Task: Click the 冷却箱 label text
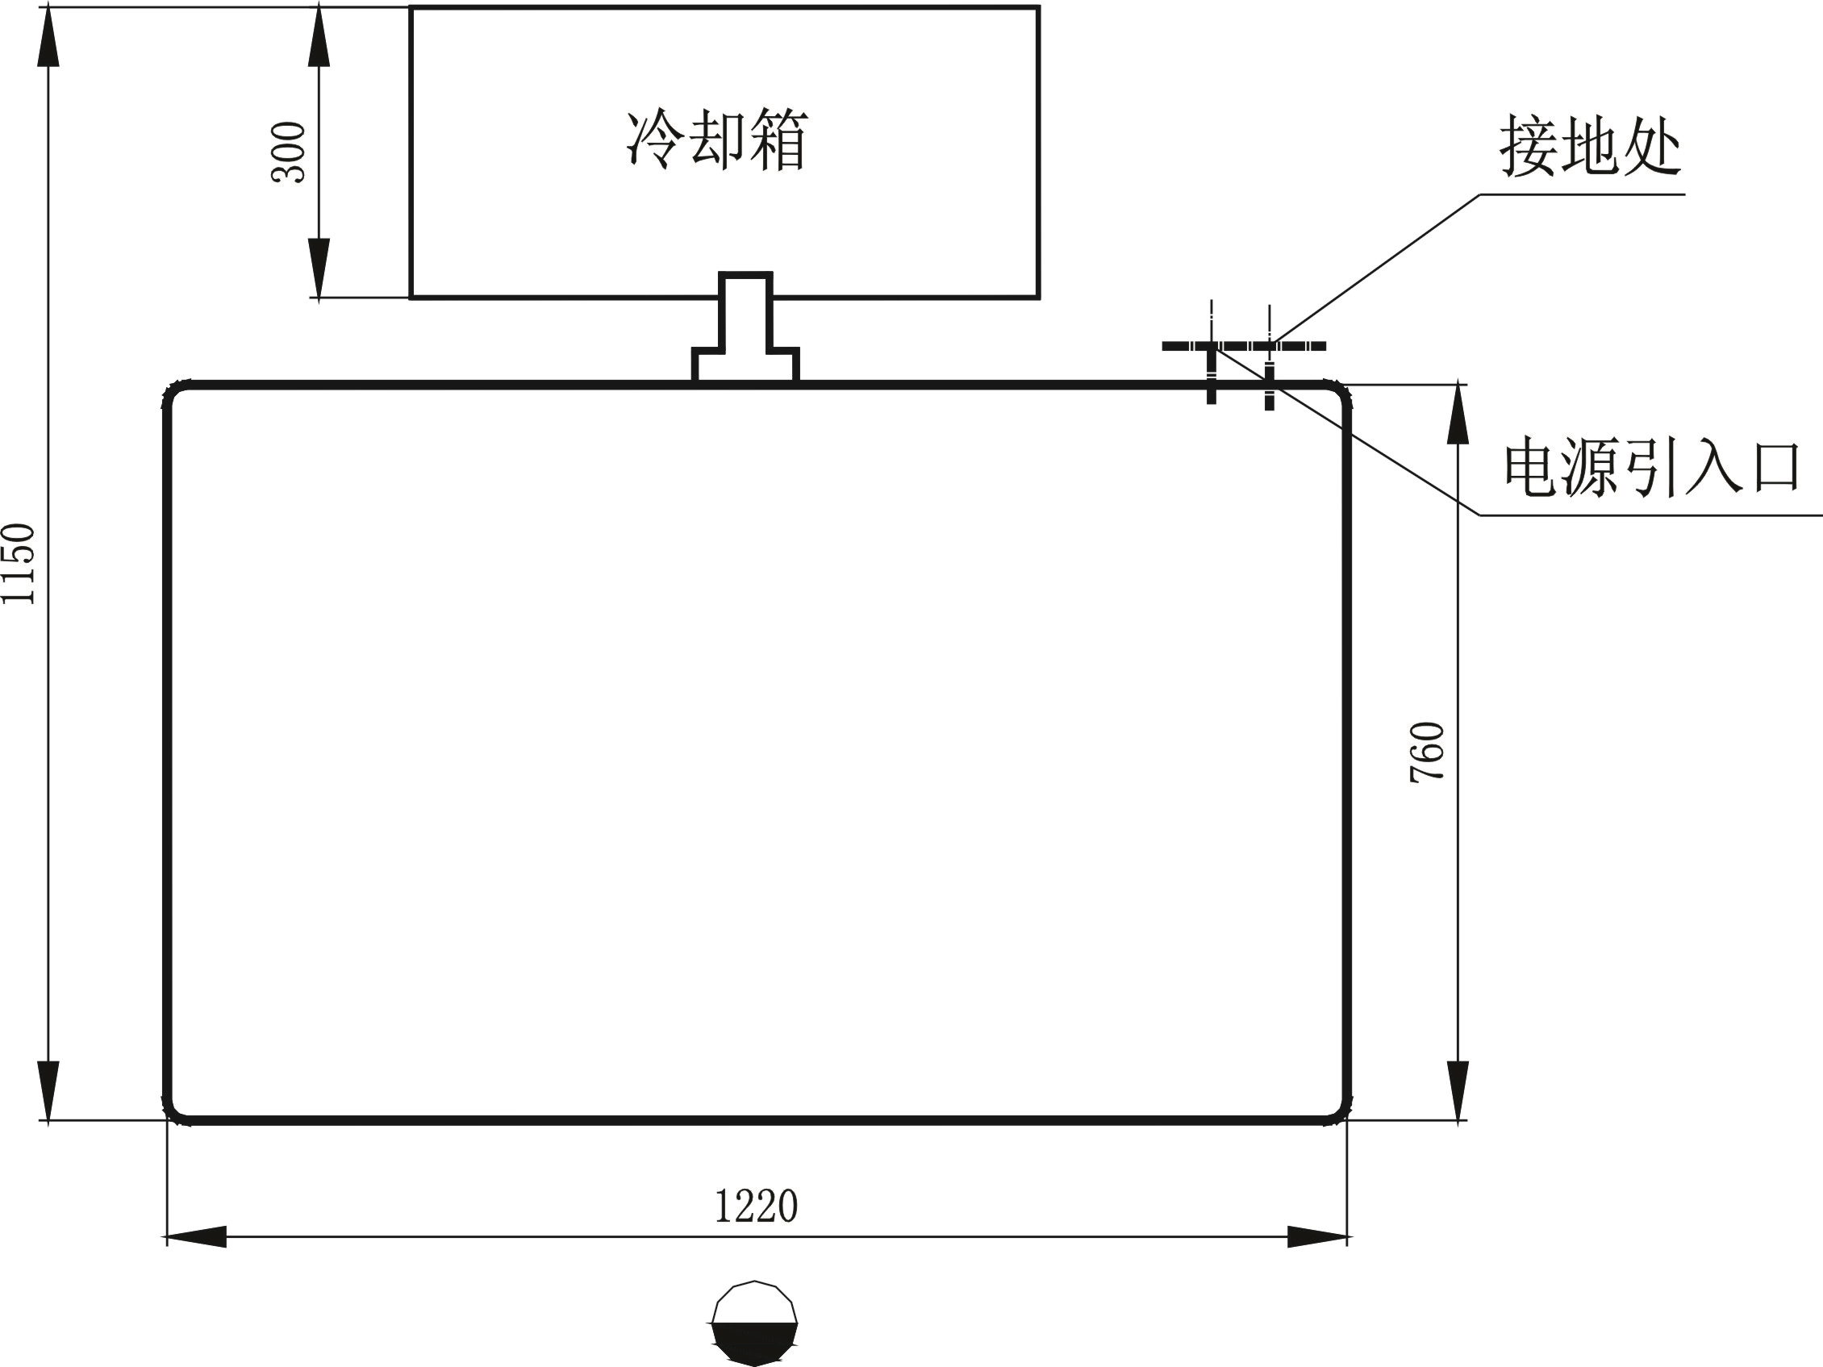click(x=717, y=141)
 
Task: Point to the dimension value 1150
click(x=18, y=564)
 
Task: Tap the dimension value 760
click(x=1428, y=752)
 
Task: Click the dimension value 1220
click(x=756, y=1207)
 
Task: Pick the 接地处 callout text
click(x=1590, y=148)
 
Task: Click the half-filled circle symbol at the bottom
click(x=754, y=1323)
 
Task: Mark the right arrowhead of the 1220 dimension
click(x=1317, y=1237)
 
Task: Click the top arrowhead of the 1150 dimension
click(x=48, y=37)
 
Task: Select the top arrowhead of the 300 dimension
click(x=319, y=37)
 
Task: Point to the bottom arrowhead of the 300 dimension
click(x=319, y=268)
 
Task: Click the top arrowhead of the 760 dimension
click(x=1458, y=414)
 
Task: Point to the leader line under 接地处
click(x=1376, y=269)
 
